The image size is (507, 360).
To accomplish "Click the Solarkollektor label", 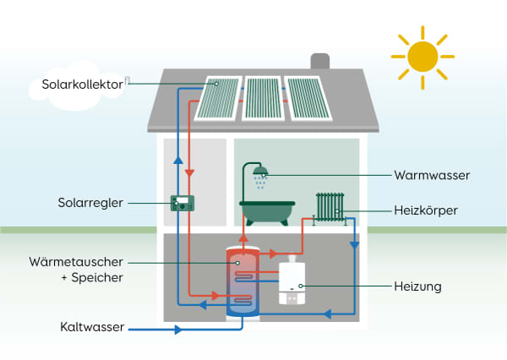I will pos(81,84).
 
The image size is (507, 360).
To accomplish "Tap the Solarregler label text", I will pos(92,203).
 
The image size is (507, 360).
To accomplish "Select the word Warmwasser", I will pos(432,176).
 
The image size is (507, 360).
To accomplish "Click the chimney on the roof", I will pos(319,63).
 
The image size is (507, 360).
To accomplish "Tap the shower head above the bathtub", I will pos(261,172).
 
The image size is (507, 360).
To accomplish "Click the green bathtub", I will pos(266,211).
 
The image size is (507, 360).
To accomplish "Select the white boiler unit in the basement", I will pos(291,280).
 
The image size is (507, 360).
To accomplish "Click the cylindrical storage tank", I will pos(243,281).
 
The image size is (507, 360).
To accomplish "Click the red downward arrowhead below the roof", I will pos(190,172).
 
